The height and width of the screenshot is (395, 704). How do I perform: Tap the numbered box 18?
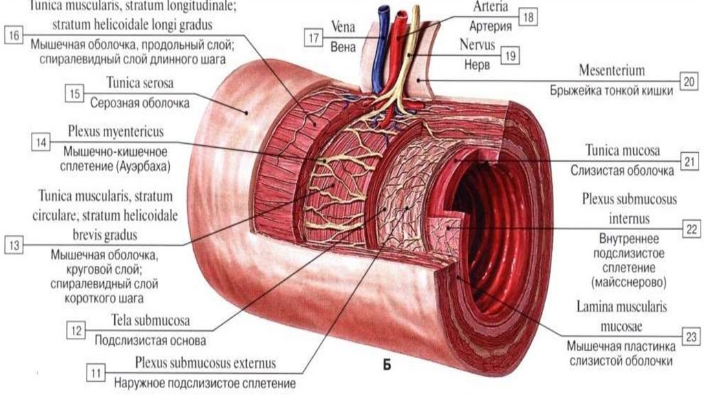(x=527, y=17)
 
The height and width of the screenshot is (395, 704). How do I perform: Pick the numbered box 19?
(x=508, y=56)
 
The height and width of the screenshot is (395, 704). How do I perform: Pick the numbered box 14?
(x=41, y=142)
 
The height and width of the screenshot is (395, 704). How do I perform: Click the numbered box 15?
(x=74, y=92)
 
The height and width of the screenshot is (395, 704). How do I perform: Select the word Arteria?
(x=491, y=7)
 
